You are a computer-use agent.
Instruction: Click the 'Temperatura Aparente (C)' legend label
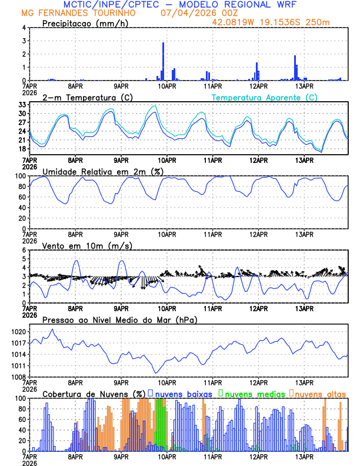[264, 97]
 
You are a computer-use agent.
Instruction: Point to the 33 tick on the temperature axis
[22, 105]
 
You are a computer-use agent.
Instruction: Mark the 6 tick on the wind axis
[24, 250]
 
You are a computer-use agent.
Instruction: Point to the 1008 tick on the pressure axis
[18, 377]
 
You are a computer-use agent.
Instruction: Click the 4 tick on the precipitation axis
[24, 28]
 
